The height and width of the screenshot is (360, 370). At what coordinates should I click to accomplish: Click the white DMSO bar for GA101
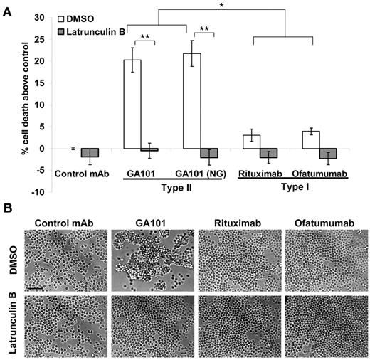click(132, 104)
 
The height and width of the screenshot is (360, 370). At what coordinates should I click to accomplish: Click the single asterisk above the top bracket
click(222, 6)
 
